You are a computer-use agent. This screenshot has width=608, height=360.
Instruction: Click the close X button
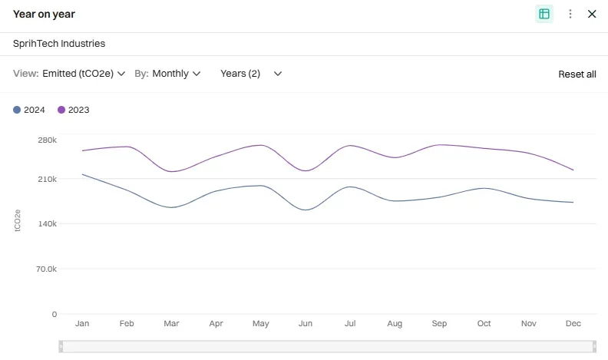click(592, 14)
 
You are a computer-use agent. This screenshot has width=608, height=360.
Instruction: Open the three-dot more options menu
click(570, 14)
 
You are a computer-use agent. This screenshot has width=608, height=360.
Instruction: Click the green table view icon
click(544, 14)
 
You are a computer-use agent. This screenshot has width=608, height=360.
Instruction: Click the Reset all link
click(577, 74)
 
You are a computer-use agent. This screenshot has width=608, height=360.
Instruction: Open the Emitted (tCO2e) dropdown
click(84, 74)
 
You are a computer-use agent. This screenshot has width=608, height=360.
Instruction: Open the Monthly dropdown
click(176, 74)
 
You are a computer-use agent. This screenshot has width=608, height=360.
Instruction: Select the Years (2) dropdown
click(251, 74)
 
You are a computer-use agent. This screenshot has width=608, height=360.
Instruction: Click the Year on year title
click(44, 14)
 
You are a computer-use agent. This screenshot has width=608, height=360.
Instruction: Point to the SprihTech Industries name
click(59, 44)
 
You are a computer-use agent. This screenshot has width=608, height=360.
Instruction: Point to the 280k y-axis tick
click(47, 140)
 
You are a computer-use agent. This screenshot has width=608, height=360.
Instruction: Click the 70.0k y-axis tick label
click(47, 269)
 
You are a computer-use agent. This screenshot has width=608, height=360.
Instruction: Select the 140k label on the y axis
click(47, 224)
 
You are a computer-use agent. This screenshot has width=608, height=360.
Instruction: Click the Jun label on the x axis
click(306, 324)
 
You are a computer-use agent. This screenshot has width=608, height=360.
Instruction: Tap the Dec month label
click(573, 324)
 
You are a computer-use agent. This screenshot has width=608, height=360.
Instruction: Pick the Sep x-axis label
click(439, 324)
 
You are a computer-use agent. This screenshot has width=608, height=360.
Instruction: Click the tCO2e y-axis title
click(18, 225)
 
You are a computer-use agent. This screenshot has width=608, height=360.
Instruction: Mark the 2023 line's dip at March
click(171, 171)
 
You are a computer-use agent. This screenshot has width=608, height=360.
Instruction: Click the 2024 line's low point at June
click(306, 210)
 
